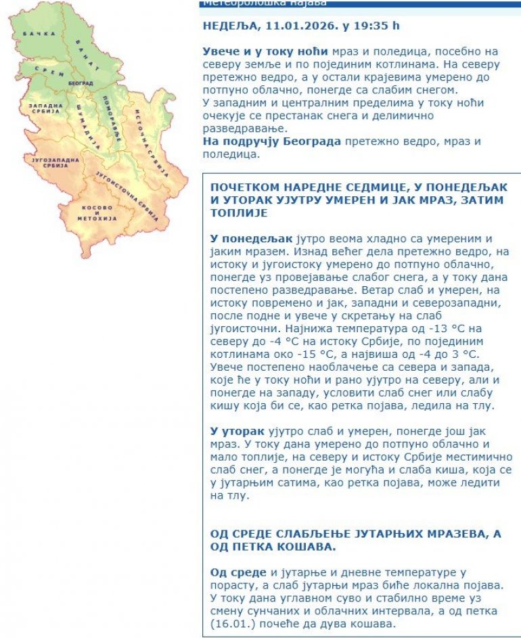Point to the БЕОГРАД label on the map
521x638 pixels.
tap(81, 83)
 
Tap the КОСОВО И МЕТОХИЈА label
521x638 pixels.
tap(98, 212)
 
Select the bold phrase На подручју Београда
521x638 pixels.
tap(272, 141)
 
